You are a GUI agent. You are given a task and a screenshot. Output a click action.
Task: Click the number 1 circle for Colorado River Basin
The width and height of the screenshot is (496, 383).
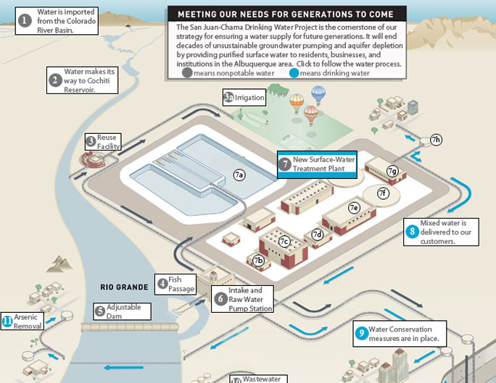[x=25, y=20]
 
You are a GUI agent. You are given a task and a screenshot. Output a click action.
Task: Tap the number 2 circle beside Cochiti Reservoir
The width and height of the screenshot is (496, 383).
[x=55, y=80]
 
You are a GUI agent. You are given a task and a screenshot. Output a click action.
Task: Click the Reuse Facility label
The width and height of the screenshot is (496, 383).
[x=107, y=141]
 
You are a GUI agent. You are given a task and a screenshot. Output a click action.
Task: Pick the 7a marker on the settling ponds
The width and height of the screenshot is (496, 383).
[x=239, y=174]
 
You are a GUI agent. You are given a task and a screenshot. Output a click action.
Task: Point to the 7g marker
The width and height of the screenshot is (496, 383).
[x=392, y=171]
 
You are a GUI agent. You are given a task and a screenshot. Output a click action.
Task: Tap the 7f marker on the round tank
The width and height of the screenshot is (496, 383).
[x=384, y=193]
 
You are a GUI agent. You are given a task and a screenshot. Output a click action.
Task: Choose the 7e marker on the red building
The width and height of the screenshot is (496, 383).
[x=354, y=208]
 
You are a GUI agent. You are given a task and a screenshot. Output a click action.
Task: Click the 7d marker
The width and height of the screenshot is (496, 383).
[x=317, y=235]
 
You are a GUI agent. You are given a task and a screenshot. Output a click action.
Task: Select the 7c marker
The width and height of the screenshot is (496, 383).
[x=284, y=241]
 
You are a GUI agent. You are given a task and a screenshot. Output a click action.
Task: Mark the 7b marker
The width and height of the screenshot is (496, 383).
[x=258, y=260]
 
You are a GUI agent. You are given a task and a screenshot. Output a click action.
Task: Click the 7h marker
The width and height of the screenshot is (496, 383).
[x=436, y=140]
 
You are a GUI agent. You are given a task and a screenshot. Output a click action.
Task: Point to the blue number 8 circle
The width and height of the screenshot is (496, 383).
[x=413, y=232]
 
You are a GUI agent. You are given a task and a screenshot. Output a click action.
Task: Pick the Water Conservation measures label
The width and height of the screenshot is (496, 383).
[x=404, y=334]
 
